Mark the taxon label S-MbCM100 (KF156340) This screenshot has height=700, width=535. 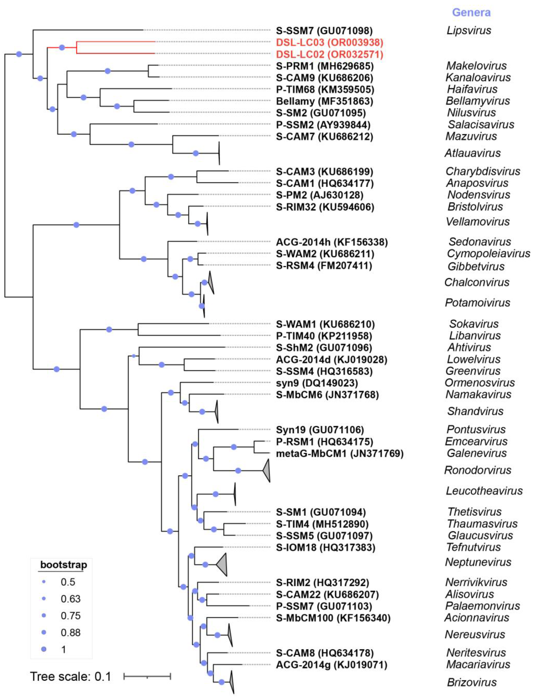coord(333,618)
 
